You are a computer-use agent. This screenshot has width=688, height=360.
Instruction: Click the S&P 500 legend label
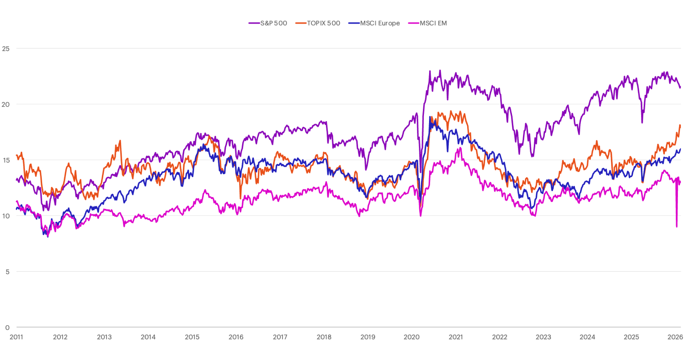coord(274,23)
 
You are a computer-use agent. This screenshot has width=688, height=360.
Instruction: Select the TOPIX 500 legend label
coord(323,23)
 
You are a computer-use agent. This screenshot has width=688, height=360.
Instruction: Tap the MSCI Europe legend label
coord(380,23)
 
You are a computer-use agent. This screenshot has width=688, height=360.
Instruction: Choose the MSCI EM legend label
coord(433,23)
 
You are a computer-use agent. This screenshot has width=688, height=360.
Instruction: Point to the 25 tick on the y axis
coord(6,49)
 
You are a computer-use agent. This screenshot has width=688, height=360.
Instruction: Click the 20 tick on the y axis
coord(6,104)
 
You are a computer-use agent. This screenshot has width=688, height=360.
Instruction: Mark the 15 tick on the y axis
coord(6,160)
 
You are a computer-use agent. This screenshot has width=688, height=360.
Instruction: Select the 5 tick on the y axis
coord(7,272)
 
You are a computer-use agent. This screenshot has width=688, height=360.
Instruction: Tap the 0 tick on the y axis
coord(7,328)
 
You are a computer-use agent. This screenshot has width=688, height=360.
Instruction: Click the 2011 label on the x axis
coord(16,337)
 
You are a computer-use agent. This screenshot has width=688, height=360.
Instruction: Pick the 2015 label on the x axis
coord(192,337)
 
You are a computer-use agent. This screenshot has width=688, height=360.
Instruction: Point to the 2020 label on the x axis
coord(412,337)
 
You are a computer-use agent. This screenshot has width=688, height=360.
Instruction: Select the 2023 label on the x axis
coord(543,337)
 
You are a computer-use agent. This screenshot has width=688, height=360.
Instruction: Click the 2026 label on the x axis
coord(675,337)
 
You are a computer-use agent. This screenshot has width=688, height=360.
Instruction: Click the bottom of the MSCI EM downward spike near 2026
coord(677,227)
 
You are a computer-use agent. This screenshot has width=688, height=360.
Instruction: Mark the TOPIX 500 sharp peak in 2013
coord(120,140)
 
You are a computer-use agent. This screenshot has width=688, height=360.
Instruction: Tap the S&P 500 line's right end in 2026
coord(680,88)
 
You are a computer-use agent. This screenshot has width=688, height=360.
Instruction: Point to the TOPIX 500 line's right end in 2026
coord(680,125)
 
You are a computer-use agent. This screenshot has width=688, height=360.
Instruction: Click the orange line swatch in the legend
coord(301,23)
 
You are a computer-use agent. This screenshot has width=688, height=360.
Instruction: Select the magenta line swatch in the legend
coord(413,23)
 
